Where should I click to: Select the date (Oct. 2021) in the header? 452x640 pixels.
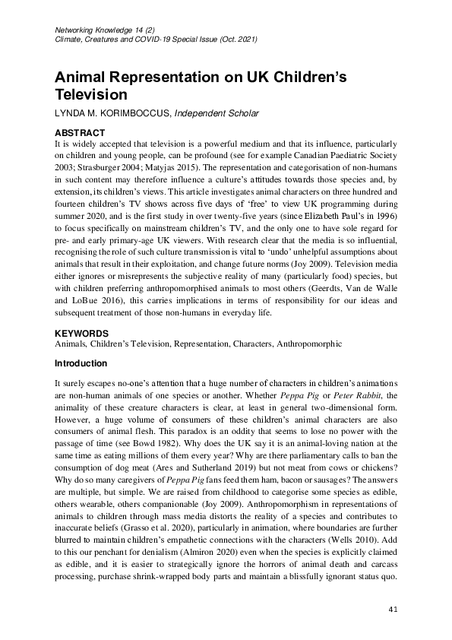(236, 38)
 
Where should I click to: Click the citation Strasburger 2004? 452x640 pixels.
(109, 164)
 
